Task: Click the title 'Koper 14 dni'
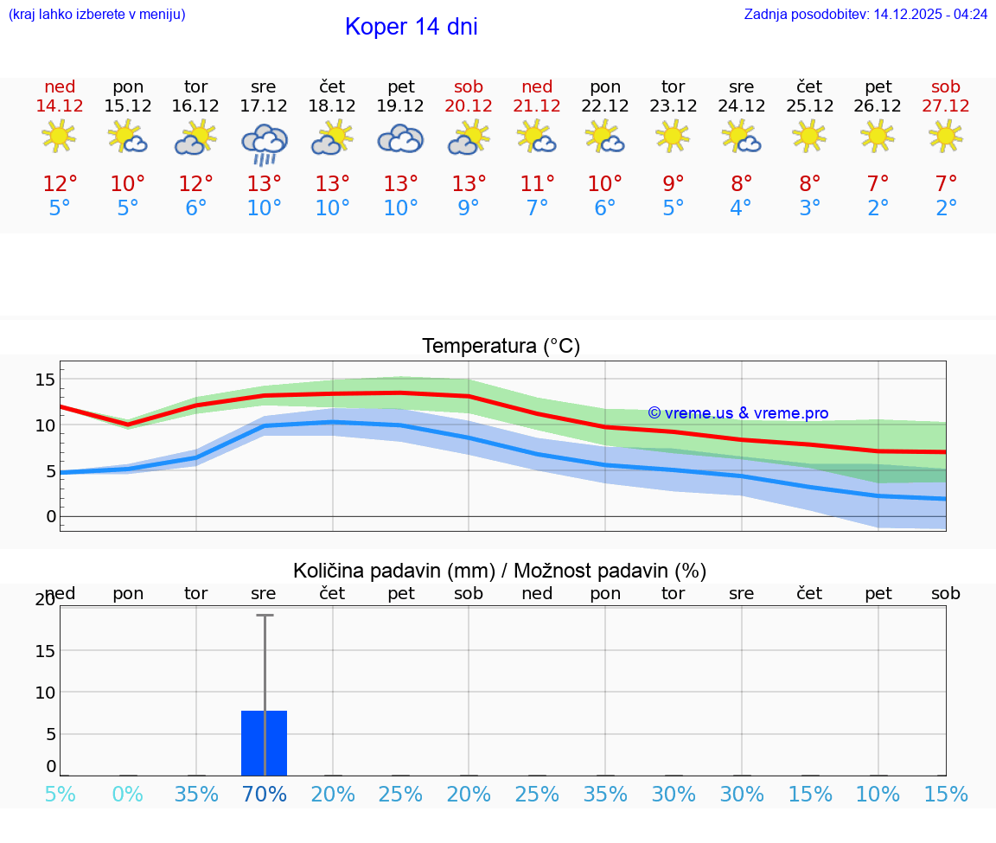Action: coord(411,27)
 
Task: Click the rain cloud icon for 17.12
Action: coord(264,144)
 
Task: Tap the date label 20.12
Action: coord(469,105)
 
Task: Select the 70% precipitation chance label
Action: coord(265,794)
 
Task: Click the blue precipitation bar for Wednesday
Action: coord(264,743)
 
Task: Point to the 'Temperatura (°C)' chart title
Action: coord(501,346)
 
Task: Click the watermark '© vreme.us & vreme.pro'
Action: coord(737,413)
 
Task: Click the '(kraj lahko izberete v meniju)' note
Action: coord(97,14)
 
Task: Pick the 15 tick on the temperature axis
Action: coord(46,379)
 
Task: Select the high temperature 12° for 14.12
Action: coord(60,183)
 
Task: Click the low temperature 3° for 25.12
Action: coord(810,208)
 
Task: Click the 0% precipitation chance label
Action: coord(128,794)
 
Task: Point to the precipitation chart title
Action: coord(500,571)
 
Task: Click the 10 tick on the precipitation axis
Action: coord(46,692)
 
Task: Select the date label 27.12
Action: coord(946,105)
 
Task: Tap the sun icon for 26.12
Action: coord(878,136)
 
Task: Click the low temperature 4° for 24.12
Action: coord(742,208)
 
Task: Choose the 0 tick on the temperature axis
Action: coord(51,516)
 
